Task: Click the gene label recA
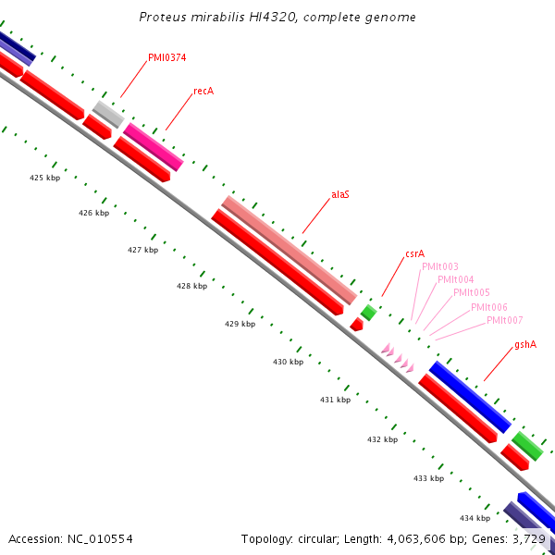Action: pyautogui.click(x=203, y=92)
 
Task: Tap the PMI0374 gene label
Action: pyautogui.click(x=166, y=57)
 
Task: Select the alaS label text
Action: pyautogui.click(x=340, y=195)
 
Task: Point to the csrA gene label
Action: pyautogui.click(x=414, y=253)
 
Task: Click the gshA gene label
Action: pyautogui.click(x=525, y=344)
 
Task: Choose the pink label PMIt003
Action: pyautogui.click(x=439, y=266)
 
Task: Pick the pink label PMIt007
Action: pyautogui.click(x=504, y=320)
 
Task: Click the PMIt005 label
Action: pyautogui.click(x=472, y=292)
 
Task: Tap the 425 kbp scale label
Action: pyautogui.click(x=44, y=178)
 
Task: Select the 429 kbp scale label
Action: pyautogui.click(x=240, y=325)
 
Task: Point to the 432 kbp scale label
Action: pyautogui.click(x=382, y=439)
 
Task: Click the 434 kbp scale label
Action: pyautogui.click(x=475, y=518)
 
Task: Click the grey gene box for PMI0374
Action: pyautogui.click(x=108, y=114)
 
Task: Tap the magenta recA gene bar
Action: pyautogui.click(x=154, y=146)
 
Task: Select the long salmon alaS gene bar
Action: pyautogui.click(x=289, y=250)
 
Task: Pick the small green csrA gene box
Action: pyautogui.click(x=368, y=313)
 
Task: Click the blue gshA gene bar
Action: pyautogui.click(x=470, y=396)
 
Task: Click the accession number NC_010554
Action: pyautogui.click(x=102, y=538)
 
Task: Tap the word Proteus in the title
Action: pyautogui.click(x=162, y=17)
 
